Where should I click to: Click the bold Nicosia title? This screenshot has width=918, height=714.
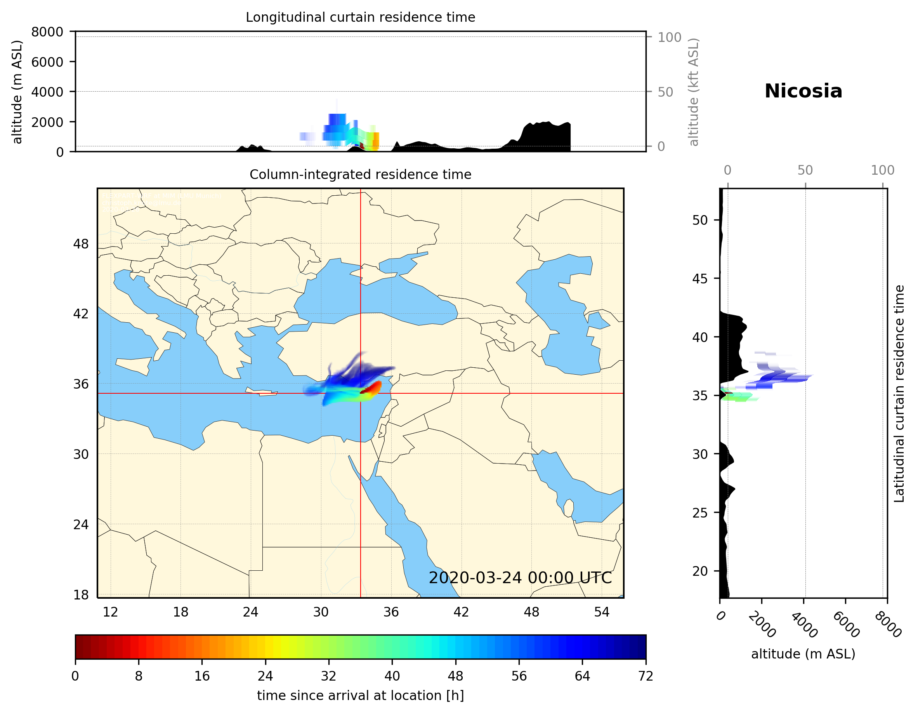[x=803, y=91]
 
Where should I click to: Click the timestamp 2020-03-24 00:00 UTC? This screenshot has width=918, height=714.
[x=520, y=578]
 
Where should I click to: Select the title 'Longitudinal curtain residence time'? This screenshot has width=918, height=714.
[x=360, y=17]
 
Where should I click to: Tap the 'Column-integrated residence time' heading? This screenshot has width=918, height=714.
[x=360, y=174]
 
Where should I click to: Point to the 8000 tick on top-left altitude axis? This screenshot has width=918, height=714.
[x=47, y=32]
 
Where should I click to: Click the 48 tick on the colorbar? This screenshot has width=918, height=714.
[x=455, y=676]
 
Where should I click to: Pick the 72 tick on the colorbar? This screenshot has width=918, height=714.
[x=645, y=676]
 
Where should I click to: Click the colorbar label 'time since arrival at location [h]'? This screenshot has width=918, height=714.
[x=360, y=695]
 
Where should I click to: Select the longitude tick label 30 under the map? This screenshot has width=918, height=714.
[x=321, y=612]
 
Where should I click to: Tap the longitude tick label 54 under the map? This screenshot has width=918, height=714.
[x=602, y=612]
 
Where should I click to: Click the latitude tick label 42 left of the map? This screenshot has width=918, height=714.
[x=81, y=314]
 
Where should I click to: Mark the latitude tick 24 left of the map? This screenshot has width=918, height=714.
[x=81, y=525]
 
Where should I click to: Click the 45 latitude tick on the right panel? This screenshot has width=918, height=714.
[x=700, y=278]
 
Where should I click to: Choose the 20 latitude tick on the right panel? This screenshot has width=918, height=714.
[x=700, y=571]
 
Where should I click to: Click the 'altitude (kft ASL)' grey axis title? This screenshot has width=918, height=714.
[x=693, y=92]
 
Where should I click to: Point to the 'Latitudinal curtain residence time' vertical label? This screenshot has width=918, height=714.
[x=899, y=393]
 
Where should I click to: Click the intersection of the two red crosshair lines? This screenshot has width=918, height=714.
[x=360, y=393]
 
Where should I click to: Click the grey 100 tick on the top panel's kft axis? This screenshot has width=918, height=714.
[x=669, y=37]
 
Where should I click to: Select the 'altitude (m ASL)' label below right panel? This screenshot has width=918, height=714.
[x=803, y=654]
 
